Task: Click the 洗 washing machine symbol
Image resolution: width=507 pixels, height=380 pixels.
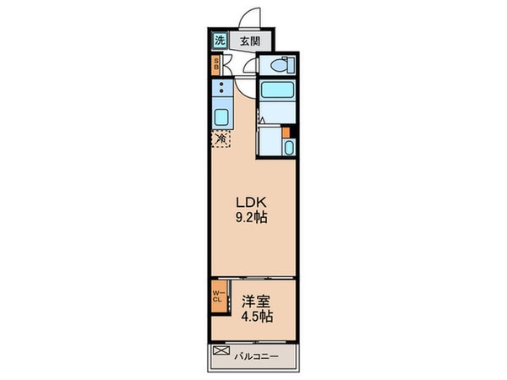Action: pos(219,40)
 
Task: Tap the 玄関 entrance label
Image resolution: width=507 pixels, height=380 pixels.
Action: pos(249,41)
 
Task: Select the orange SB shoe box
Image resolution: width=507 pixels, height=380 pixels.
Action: pos(216,64)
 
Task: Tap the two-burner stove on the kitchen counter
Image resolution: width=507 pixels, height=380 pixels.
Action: pos(221,88)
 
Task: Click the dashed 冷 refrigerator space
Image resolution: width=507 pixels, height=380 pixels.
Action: pos(221,138)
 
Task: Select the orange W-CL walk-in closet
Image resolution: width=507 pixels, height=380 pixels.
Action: pos(216,296)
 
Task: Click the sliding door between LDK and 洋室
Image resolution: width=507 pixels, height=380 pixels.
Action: pos(253,277)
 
